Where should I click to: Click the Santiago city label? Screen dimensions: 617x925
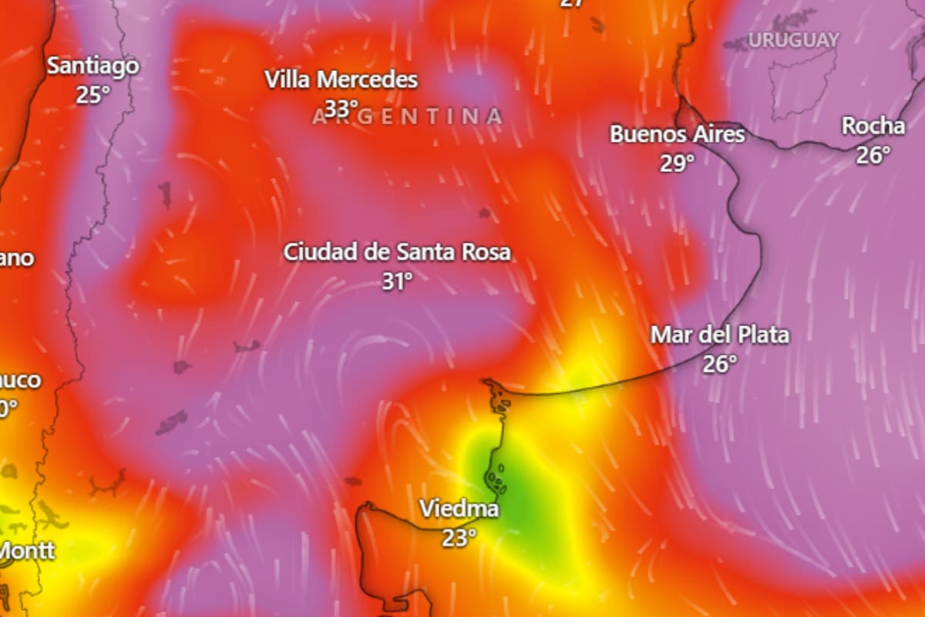click(x=92, y=66)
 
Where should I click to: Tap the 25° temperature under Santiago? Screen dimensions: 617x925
click(x=92, y=95)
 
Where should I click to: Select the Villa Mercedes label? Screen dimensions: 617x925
click(x=341, y=79)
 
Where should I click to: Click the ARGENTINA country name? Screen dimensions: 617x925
click(x=408, y=116)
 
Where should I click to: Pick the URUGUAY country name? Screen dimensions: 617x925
click(x=793, y=40)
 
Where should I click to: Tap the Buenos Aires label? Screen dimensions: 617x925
click(x=678, y=134)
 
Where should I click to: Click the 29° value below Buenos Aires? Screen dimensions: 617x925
click(x=677, y=163)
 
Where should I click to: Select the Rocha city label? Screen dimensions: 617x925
click(x=873, y=126)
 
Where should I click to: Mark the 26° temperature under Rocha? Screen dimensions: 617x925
click(x=873, y=154)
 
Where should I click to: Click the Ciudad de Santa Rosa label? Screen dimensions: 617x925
click(x=397, y=252)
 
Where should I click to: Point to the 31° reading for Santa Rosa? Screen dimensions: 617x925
click(x=397, y=282)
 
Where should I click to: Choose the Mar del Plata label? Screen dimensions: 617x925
click(x=720, y=335)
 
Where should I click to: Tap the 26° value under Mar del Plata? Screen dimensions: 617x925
click(x=719, y=363)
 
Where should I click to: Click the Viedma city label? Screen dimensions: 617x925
click(x=459, y=509)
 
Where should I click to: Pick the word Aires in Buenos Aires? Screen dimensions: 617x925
click(x=719, y=134)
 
